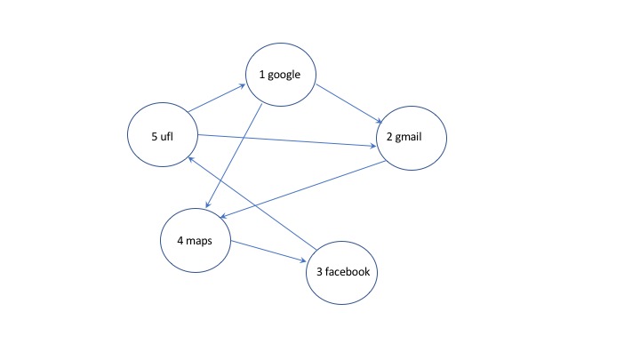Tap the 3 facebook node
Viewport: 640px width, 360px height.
(342, 271)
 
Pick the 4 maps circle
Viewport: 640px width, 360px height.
(196, 239)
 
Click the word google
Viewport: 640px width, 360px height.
(287, 76)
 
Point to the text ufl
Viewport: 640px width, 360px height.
(167, 136)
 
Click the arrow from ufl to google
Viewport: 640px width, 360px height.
(216, 99)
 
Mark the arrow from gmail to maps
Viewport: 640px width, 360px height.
(302, 188)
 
